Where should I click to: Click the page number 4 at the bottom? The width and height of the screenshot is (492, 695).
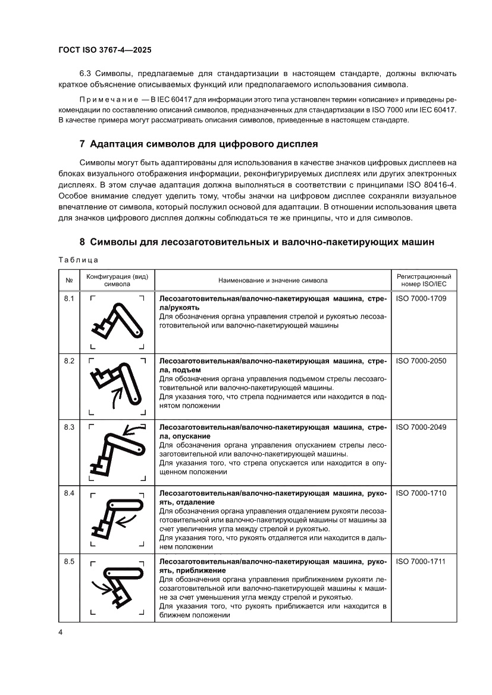(x=61, y=632)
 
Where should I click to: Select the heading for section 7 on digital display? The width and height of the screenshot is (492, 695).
(x=199, y=144)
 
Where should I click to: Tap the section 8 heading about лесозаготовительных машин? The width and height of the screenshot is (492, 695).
(x=257, y=242)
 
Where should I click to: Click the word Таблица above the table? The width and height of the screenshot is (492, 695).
(x=78, y=259)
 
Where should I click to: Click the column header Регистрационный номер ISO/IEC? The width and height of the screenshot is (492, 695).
(x=424, y=280)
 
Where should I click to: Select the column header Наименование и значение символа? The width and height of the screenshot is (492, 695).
(x=272, y=280)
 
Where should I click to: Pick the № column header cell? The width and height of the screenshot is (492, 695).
(x=69, y=280)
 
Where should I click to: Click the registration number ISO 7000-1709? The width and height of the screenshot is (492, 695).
(x=421, y=298)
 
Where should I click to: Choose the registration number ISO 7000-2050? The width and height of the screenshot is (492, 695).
(x=421, y=361)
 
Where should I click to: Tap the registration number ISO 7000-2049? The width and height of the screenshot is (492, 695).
(x=421, y=427)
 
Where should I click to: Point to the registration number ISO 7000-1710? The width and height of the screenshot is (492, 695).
(x=421, y=493)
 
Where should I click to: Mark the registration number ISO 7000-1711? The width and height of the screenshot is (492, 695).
(x=421, y=561)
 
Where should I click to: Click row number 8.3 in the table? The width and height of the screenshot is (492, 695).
(x=69, y=427)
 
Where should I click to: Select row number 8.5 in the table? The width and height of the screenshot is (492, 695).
(x=69, y=561)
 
